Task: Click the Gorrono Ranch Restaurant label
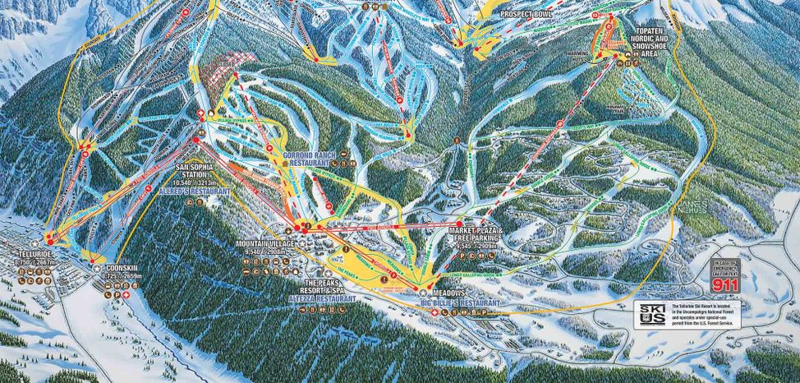(310, 158)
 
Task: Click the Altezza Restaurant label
(326, 300)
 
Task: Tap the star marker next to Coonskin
(98, 268)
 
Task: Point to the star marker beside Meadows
(424, 293)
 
